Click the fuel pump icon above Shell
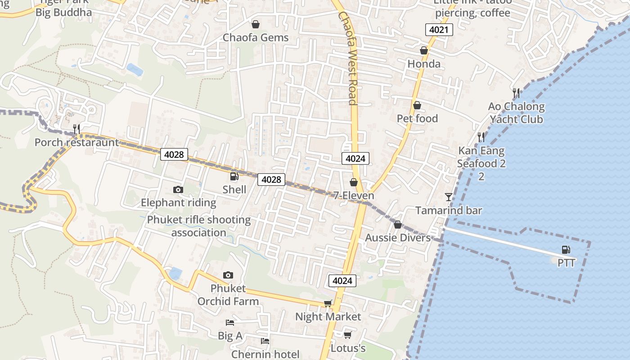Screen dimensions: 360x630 [234, 176]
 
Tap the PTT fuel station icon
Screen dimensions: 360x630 [566, 250]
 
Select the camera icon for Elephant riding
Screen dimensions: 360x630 [178, 190]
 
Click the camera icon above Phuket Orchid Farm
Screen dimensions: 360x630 [228, 275]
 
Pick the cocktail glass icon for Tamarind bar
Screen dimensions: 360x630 [449, 197]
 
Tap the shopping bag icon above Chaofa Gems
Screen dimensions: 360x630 [256, 24]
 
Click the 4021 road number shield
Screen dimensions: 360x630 [439, 30]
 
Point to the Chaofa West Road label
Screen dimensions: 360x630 [347, 58]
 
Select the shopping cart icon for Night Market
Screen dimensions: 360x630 [328, 304]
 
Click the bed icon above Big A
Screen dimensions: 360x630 [230, 323]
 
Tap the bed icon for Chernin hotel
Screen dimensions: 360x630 [265, 342]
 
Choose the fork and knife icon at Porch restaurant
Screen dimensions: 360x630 [76, 129]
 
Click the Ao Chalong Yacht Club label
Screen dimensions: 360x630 [516, 113]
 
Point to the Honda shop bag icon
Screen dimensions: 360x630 [423, 50]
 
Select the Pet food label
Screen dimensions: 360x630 [417, 118]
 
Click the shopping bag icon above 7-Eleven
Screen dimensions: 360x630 [354, 182]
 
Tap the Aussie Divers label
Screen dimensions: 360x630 [398, 238]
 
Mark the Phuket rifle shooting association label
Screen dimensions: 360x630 [199, 226]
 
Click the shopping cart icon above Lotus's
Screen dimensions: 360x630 [347, 335]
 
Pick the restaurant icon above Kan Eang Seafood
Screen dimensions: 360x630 [481, 137]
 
